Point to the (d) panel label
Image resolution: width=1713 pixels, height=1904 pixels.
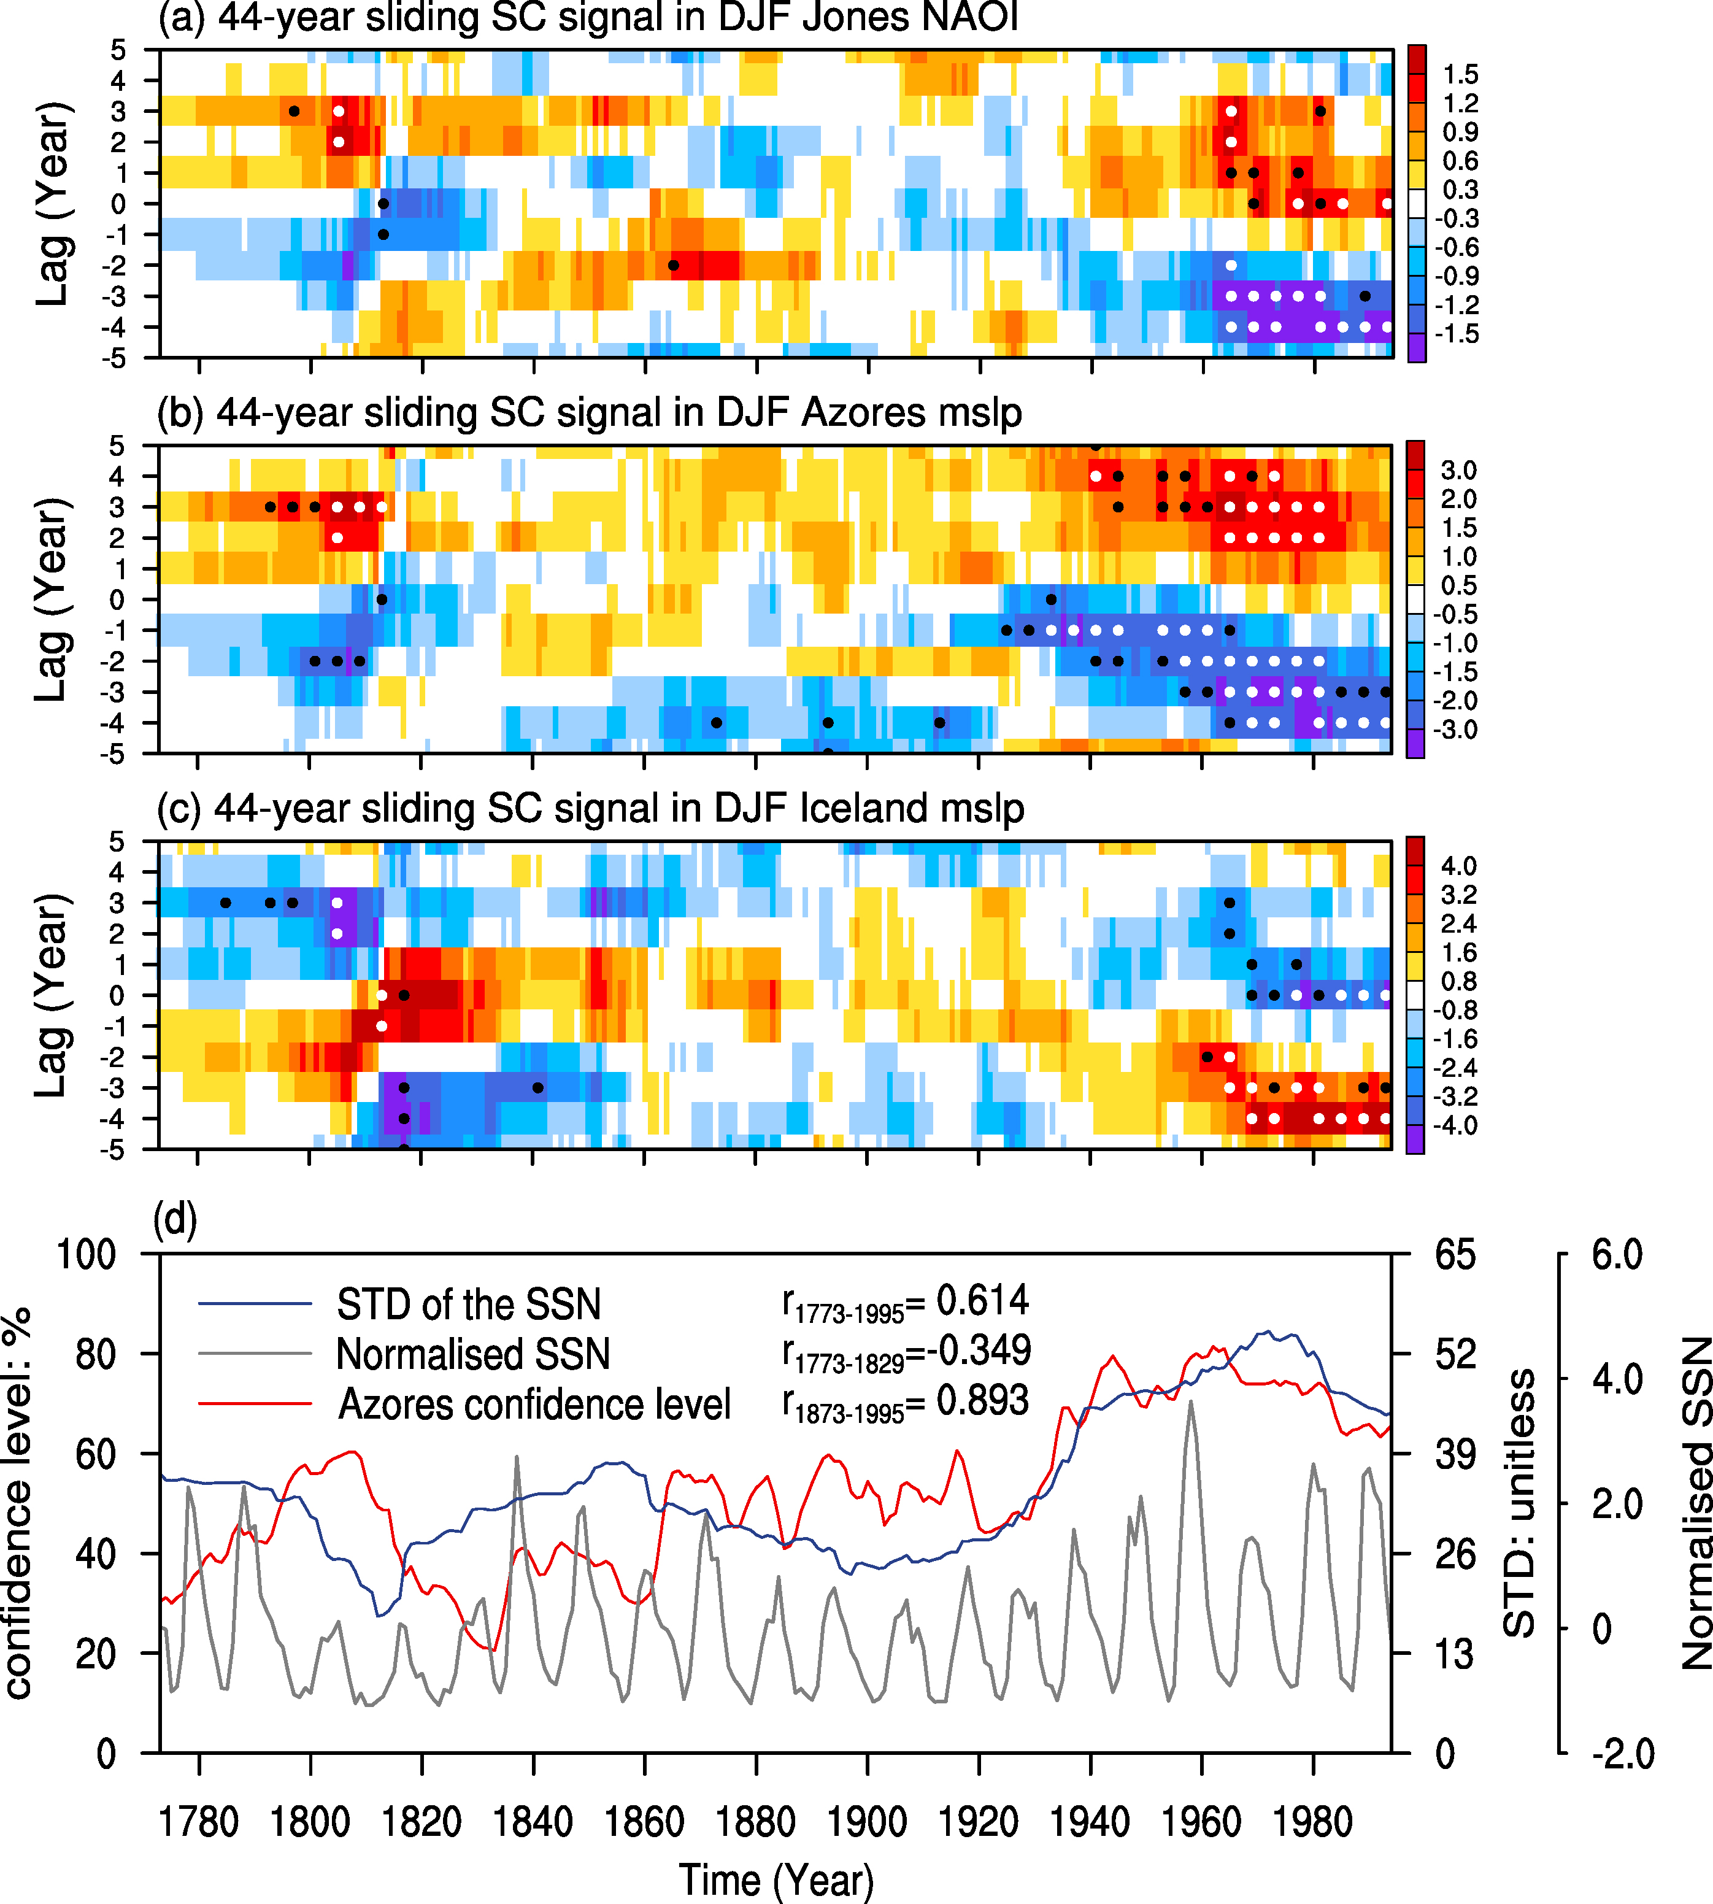pos(175,1220)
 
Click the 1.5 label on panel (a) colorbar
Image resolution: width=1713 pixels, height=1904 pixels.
pos(1461,74)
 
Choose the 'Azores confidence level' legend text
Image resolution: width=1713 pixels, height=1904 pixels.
pos(534,1405)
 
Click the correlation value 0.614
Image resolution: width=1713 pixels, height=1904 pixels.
pos(983,1301)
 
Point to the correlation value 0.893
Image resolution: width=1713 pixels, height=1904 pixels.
pos(983,1400)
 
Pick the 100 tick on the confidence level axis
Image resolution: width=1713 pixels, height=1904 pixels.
pos(87,1255)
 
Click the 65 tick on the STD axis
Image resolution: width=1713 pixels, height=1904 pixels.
pos(1455,1255)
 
